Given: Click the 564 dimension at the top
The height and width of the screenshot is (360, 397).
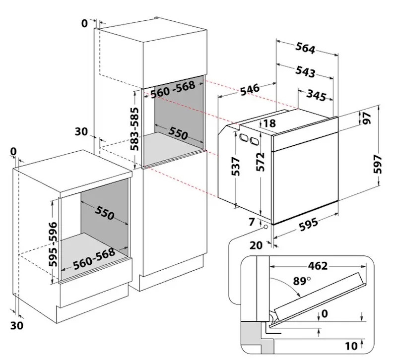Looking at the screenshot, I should tap(306, 48).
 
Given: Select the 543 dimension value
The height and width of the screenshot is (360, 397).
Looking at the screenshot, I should tap(305, 71).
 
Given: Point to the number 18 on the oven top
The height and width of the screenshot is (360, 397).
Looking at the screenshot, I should tap(269, 123).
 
